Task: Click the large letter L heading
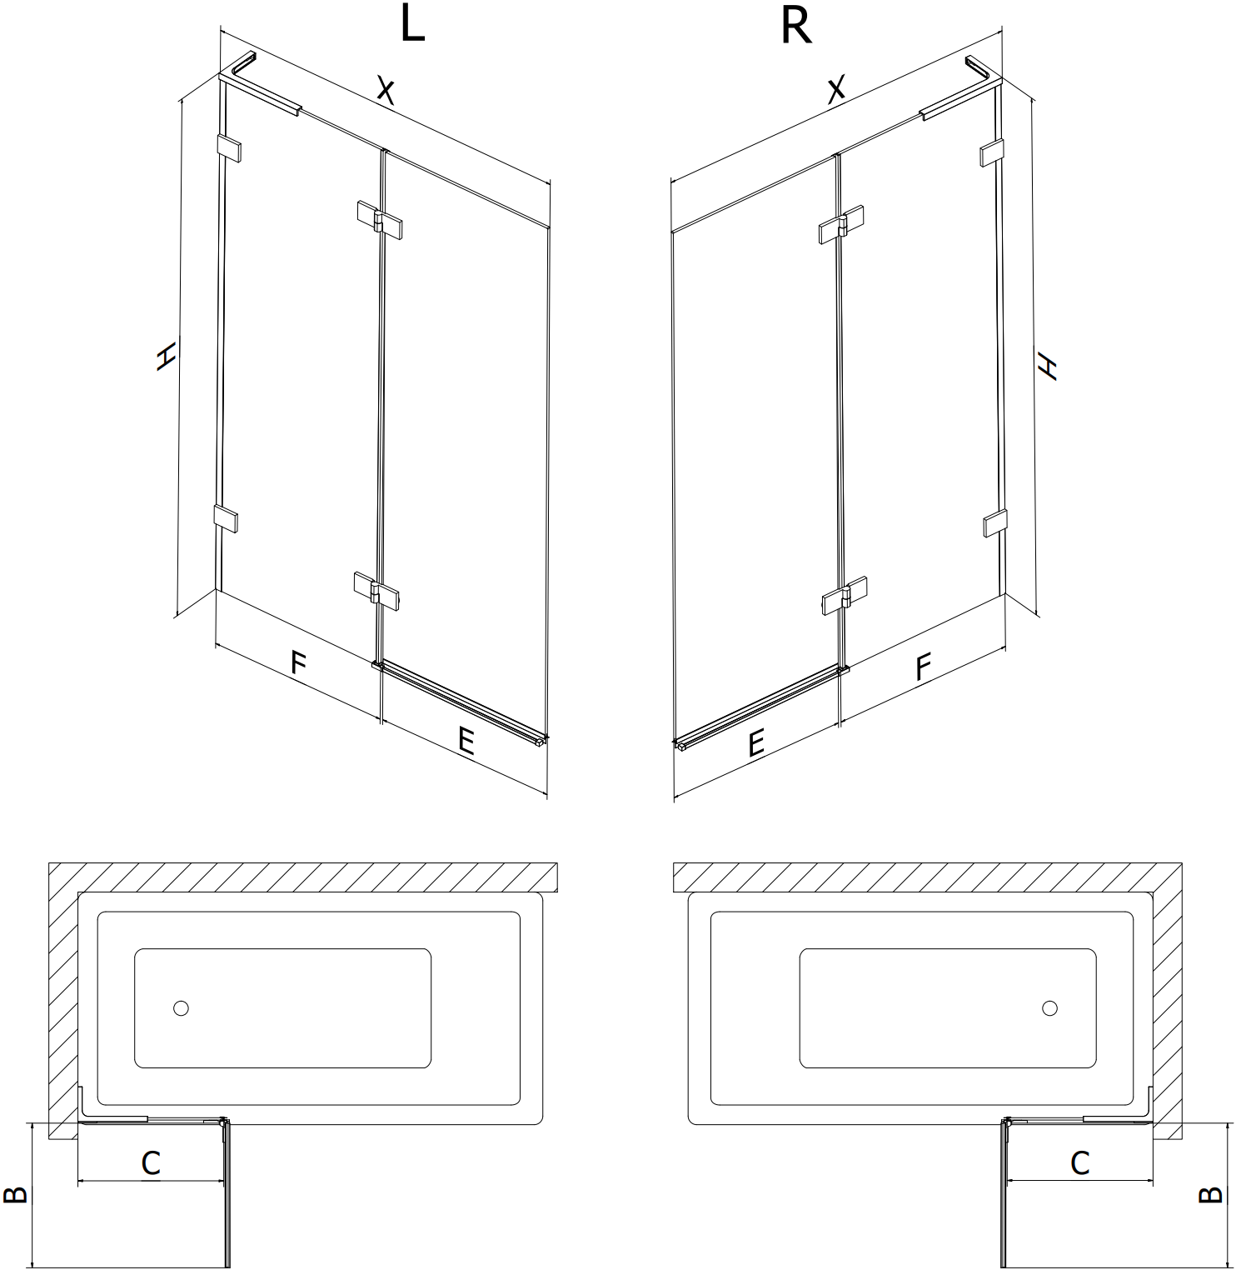[412, 24]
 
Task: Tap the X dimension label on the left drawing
[384, 89]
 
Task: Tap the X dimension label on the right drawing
[836, 87]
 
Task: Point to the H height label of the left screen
[167, 356]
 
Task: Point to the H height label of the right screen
[1047, 365]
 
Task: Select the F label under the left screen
[298, 662]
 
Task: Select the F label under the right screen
[923, 667]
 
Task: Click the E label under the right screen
[755, 742]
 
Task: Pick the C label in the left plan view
[151, 1162]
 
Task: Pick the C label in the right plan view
[1079, 1162]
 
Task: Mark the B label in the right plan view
[1210, 1194]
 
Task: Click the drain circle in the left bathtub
[181, 1008]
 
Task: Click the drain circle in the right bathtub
[1049, 1008]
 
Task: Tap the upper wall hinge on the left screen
[229, 147]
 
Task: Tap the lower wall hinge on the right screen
[994, 522]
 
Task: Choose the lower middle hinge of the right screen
[844, 595]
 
